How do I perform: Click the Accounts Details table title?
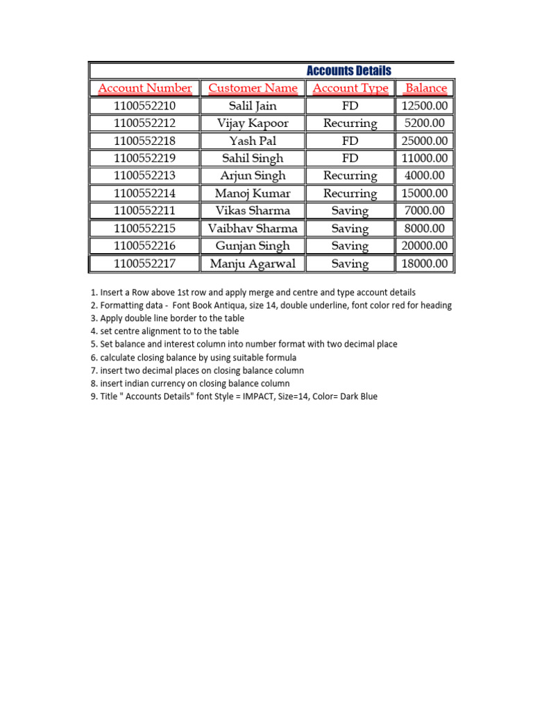point(348,71)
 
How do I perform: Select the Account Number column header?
point(145,88)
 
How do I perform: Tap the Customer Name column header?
point(253,88)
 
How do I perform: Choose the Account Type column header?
point(350,88)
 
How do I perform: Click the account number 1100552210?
point(145,106)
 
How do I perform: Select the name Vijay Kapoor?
point(253,123)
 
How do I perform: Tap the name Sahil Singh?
point(253,158)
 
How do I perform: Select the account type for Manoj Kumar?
point(350,193)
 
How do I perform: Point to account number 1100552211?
point(145,211)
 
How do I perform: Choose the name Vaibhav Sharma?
point(253,228)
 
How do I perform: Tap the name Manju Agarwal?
point(253,263)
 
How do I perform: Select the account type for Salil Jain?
point(350,106)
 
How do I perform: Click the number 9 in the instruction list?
point(93,397)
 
